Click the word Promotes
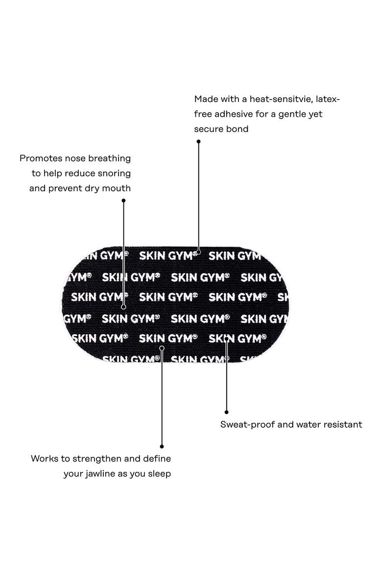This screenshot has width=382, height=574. point(41,158)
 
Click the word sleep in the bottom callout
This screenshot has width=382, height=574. point(159,474)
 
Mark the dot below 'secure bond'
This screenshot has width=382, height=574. point(198,141)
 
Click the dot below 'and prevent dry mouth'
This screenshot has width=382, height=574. point(123,201)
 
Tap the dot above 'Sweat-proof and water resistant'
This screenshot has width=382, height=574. point(227,412)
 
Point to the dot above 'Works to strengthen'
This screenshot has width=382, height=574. point(162,446)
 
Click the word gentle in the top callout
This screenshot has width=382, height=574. point(292,115)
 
